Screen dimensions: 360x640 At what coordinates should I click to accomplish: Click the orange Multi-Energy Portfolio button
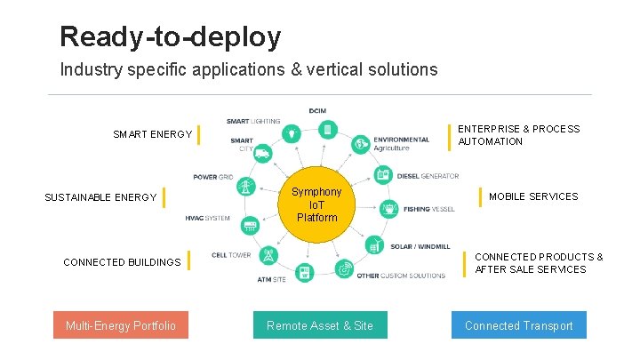[x=121, y=325]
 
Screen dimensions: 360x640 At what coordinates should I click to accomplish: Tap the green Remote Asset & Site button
[x=320, y=325]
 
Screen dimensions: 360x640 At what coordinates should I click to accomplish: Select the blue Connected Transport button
[x=518, y=325]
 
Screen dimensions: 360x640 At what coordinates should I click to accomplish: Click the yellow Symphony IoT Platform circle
[x=316, y=205]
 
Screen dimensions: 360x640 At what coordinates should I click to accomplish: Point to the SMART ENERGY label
[x=152, y=134]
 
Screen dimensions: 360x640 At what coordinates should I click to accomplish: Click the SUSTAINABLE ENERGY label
[x=100, y=197]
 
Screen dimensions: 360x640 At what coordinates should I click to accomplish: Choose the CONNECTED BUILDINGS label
[x=122, y=262]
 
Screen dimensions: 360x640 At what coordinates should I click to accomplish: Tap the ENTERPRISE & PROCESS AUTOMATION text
[x=518, y=135]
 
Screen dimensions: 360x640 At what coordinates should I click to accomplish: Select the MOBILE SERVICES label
[x=533, y=196]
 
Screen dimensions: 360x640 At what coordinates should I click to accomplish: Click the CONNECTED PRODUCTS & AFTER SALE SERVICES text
[x=539, y=263]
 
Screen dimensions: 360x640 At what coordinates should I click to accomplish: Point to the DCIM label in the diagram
[x=317, y=110]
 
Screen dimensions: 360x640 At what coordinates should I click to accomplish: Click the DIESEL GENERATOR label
[x=428, y=176]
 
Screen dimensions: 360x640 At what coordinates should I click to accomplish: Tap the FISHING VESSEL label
[x=428, y=210]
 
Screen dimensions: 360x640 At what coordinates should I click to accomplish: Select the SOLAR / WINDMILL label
[x=420, y=246]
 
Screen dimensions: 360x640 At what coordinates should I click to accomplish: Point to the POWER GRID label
[x=213, y=177]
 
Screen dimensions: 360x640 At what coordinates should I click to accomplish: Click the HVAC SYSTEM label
[x=208, y=218]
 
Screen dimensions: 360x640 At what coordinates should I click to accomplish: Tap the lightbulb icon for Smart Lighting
[x=290, y=133]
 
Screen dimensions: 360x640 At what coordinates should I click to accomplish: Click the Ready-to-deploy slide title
[x=170, y=36]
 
